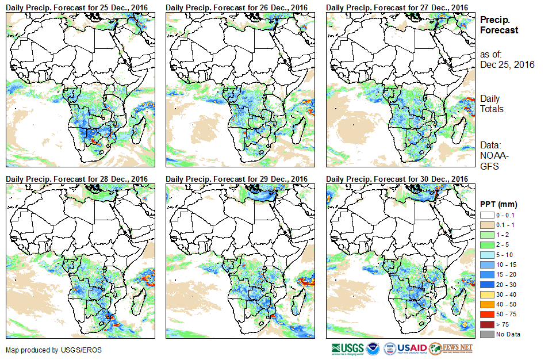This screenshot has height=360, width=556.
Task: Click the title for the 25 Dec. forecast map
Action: pyautogui.click(x=77, y=7)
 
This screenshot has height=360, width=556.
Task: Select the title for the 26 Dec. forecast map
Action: pyautogui.click(x=237, y=7)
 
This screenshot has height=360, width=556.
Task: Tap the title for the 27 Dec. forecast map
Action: pyautogui.click(x=397, y=7)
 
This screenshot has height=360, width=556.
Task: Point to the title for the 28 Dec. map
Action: pyautogui.click(x=77, y=179)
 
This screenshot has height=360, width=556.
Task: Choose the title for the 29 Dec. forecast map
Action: pyautogui.click(x=237, y=179)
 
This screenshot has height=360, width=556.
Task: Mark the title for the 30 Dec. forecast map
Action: pyautogui.click(x=397, y=179)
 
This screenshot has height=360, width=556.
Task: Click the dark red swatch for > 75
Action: pyautogui.click(x=486, y=324)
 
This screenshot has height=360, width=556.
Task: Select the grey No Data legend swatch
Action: pyautogui.click(x=486, y=334)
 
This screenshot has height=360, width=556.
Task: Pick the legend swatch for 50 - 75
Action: pyautogui.click(x=486, y=315)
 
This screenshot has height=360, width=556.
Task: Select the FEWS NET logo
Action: pyautogui.click(x=451, y=348)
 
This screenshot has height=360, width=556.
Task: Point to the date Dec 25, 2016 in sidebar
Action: pyautogui.click(x=507, y=65)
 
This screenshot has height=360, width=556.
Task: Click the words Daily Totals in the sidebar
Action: pyautogui.click(x=492, y=104)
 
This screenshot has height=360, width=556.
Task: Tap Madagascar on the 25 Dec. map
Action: pyautogui.click(x=138, y=129)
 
